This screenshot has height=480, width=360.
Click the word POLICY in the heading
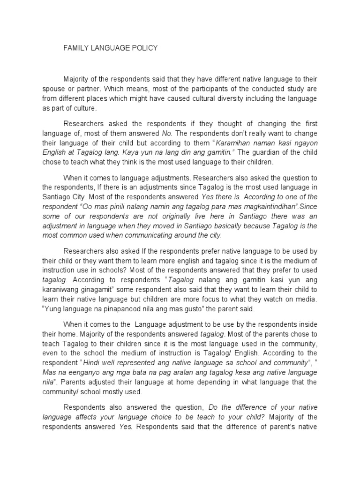tap(144, 48)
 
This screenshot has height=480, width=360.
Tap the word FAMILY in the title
tap(75, 48)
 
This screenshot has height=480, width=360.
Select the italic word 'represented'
tap(130, 363)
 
